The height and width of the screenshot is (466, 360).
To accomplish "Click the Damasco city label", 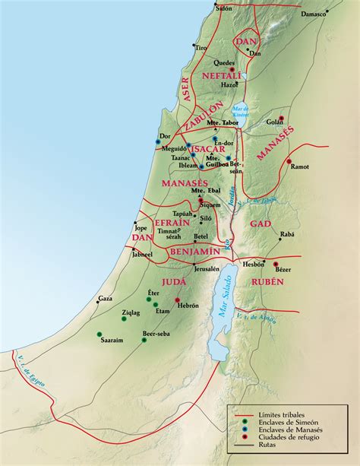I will click(313, 35).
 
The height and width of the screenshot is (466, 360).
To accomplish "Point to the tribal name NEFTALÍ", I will click(222, 76).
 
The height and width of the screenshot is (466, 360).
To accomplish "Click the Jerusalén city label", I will click(206, 268).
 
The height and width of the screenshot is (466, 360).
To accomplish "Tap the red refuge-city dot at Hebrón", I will click(177, 300).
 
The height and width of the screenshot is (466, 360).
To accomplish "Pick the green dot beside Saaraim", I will click(99, 334).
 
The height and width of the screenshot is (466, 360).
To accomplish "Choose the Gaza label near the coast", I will click(105, 299).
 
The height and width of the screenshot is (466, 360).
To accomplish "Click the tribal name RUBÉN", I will click(265, 281).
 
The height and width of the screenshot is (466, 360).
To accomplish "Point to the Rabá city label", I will click(286, 234).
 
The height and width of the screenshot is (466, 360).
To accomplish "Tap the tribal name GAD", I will click(260, 222).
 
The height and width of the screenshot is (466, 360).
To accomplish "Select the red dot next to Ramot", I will click(289, 161).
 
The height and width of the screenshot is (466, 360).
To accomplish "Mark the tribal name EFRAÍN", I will click(172, 223).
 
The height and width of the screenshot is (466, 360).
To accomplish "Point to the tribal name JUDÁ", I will click(174, 281).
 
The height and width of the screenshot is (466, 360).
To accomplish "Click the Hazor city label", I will click(229, 86).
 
